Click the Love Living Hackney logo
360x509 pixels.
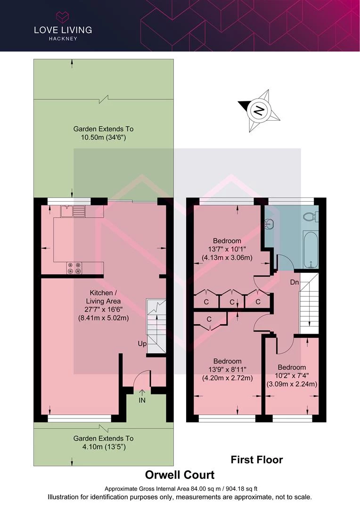click(63, 26)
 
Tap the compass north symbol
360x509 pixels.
click(259, 111)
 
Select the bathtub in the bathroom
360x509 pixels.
click(311, 250)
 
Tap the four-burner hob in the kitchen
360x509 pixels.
click(74, 268)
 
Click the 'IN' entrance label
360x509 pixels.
click(142, 400)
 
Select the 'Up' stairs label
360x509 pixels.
click(142, 344)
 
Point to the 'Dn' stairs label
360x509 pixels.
click(295, 282)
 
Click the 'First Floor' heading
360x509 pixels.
click(256, 460)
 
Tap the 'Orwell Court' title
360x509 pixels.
click(180, 475)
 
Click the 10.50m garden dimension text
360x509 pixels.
click(103, 133)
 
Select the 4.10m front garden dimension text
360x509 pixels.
click(103, 443)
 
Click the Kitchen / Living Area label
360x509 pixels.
click(103, 305)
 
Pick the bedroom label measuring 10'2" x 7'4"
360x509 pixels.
click(292, 376)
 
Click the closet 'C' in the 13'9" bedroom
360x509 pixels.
click(209, 319)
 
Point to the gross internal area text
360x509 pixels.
click(181, 489)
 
